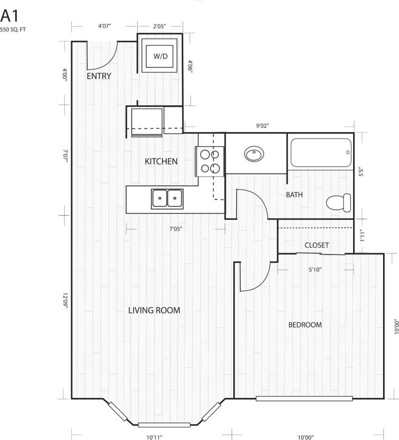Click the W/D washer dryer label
pyautogui.click(x=160, y=56)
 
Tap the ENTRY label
pyautogui.click(x=99, y=76)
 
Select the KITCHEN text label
pyautogui.click(x=161, y=161)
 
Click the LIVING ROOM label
pyautogui.click(x=154, y=310)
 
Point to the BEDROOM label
pyautogui.click(x=305, y=325)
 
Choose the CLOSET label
pyautogui.click(x=317, y=245)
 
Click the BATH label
pyautogui.click(x=294, y=195)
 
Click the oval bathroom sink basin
pyautogui.click(x=254, y=154)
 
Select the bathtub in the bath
pyautogui.click(x=320, y=153)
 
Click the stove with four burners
pyautogui.click(x=210, y=161)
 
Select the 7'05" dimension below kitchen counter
pyautogui.click(x=175, y=229)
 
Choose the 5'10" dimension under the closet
pyautogui.click(x=315, y=269)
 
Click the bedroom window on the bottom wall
pyautogui.click(x=304, y=399)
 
